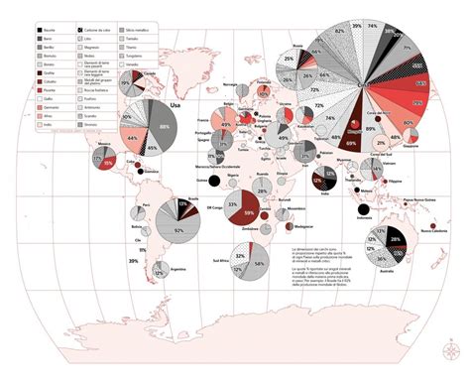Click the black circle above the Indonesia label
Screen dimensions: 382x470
[x=364, y=207]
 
